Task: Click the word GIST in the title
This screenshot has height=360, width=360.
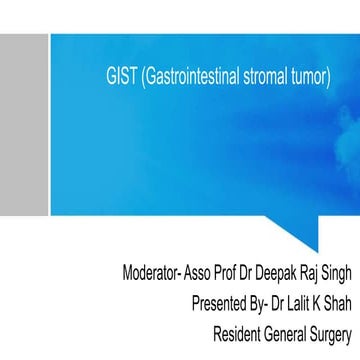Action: (x=119, y=76)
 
